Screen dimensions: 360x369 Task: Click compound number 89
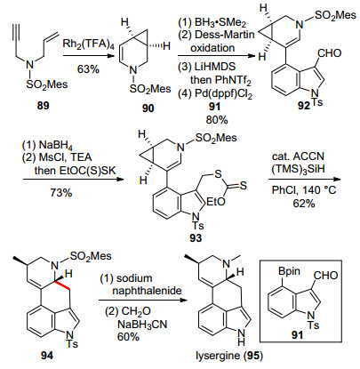(43, 106)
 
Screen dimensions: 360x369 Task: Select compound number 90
(148, 108)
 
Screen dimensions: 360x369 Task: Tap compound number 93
(196, 237)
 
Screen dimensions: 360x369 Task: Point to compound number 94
(47, 355)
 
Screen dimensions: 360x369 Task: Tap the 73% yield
(60, 193)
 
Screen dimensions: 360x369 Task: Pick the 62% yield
(304, 203)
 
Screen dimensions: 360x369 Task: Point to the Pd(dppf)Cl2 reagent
(221, 93)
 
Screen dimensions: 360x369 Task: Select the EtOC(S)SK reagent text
(74, 171)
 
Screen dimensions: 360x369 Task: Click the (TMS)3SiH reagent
(299, 169)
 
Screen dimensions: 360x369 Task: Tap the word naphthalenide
(147, 290)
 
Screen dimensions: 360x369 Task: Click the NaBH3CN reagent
(142, 325)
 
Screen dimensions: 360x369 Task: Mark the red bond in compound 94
(63, 284)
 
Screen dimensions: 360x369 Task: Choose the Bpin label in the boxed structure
(289, 271)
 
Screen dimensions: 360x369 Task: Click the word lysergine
(218, 356)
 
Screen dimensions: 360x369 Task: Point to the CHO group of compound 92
(330, 53)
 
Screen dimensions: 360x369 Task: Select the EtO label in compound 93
(216, 202)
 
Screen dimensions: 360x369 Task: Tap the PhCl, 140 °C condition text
(304, 189)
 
